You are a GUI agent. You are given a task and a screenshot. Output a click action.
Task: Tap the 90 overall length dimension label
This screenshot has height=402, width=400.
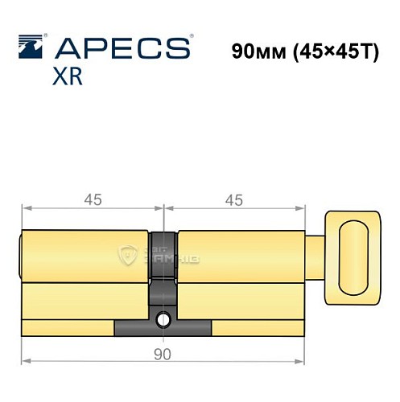click(x=163, y=353)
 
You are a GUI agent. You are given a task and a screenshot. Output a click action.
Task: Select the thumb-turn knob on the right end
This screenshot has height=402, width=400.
click(x=353, y=256)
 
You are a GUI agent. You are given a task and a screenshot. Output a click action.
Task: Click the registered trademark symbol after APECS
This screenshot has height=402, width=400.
click(x=190, y=38)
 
